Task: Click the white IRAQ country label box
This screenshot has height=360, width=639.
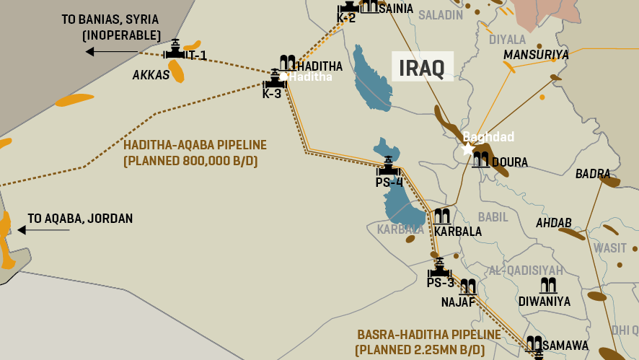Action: [422, 66]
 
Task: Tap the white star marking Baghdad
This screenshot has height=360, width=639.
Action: [467, 149]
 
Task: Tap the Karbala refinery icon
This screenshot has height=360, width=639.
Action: [441, 216]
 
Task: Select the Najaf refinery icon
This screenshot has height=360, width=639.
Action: [468, 286]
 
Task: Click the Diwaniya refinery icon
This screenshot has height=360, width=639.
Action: [547, 285]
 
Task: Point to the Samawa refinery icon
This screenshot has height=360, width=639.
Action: [534, 344]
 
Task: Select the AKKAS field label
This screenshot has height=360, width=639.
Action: [151, 75]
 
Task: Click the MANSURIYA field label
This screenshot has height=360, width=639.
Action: [536, 55]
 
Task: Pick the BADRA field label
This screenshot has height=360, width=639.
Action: [593, 174]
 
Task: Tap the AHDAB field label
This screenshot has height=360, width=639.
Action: [554, 223]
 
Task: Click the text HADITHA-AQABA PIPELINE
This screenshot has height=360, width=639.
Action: [195, 145]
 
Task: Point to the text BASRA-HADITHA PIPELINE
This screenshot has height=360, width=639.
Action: [429, 335]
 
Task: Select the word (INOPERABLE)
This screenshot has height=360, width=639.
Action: [121, 35]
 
